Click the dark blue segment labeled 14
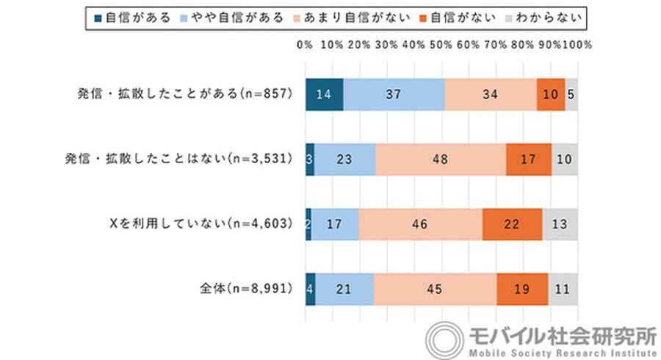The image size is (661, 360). [324, 94]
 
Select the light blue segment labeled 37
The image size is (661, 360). [394, 94]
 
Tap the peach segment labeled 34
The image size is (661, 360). [490, 94]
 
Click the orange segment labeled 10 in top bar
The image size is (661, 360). [550, 94]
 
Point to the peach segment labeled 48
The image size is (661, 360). [441, 159]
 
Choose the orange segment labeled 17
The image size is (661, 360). [528, 159]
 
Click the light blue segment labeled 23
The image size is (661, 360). [344, 159]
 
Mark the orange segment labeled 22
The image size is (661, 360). [512, 223]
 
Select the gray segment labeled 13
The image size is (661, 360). [560, 223]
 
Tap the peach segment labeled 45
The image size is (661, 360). [435, 288]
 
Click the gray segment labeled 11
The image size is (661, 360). [563, 288]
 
